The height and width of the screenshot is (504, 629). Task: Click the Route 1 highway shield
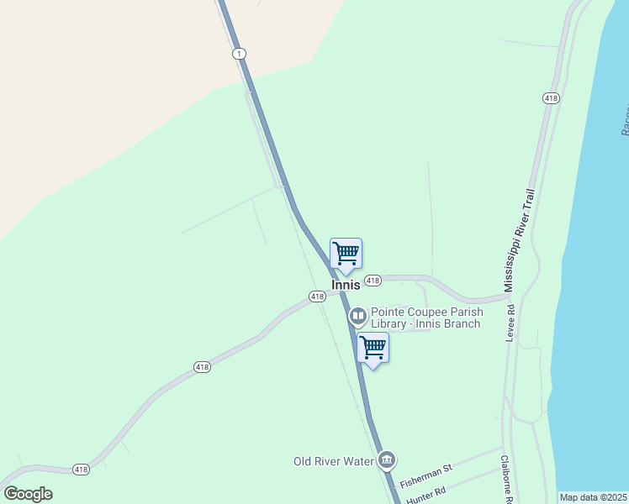(x=240, y=54)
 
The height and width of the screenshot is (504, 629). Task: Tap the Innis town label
(x=346, y=286)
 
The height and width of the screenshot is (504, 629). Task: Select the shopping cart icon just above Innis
(x=346, y=254)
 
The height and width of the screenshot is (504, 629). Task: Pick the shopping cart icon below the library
(x=373, y=348)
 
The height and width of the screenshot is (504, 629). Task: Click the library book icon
(x=357, y=317)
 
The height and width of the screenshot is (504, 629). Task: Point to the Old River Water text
(x=332, y=461)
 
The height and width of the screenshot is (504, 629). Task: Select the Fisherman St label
(x=425, y=480)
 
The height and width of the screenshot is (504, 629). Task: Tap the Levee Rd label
(x=510, y=323)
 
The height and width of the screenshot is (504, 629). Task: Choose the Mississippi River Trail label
(x=519, y=241)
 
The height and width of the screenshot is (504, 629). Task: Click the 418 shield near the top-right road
(x=551, y=98)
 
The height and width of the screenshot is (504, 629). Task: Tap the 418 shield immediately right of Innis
(x=373, y=280)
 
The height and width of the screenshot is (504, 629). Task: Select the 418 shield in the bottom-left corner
(x=81, y=470)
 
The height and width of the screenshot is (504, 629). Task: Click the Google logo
(x=28, y=494)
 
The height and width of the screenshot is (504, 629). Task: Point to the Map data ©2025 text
(x=593, y=497)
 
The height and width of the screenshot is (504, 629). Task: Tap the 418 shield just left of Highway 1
(x=316, y=297)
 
